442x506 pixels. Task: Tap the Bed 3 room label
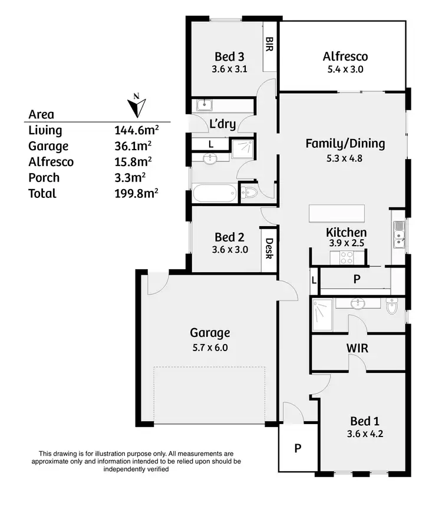[x=229, y=57]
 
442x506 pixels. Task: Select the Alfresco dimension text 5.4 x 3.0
[x=345, y=69]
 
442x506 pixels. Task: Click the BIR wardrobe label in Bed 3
[x=269, y=44]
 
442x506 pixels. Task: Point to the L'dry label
[x=223, y=124]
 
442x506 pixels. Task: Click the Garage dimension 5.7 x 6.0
[x=209, y=348]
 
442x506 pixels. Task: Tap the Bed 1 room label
[x=365, y=421]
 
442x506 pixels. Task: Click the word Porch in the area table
[x=45, y=178]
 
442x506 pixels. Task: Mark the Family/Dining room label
[x=345, y=143]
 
